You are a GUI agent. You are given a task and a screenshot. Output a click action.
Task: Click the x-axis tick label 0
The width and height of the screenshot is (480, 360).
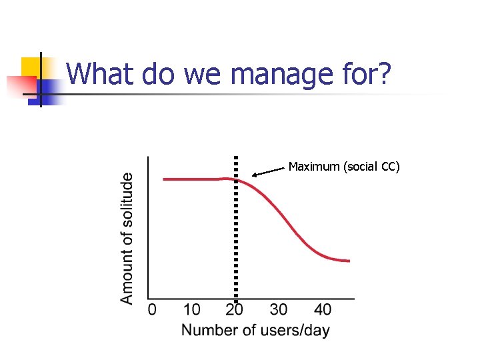[x=152, y=309]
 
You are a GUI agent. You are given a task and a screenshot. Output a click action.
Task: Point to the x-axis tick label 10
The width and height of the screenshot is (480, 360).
[x=191, y=309]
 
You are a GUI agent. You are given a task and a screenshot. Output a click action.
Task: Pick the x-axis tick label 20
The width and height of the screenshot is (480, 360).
[x=234, y=309]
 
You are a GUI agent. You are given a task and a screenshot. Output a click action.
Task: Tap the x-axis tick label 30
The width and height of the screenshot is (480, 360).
[x=279, y=309]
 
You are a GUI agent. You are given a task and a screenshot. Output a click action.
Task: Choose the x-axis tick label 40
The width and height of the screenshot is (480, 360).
[x=323, y=309]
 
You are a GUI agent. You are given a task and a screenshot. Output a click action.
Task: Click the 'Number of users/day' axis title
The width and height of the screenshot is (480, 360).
[x=255, y=330]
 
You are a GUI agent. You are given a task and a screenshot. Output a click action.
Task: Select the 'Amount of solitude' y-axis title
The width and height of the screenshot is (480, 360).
[x=127, y=238]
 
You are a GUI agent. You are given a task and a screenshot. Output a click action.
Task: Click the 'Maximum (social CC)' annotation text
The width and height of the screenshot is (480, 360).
[x=344, y=167]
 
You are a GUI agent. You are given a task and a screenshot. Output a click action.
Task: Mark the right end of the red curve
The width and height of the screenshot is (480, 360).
[x=349, y=260]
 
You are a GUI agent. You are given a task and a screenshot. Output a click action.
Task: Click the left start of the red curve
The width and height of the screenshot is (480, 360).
[x=164, y=179]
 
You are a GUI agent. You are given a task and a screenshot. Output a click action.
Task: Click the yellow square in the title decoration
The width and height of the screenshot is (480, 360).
[x=32, y=68]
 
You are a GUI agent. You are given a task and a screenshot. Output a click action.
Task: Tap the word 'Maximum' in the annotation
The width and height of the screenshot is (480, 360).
[x=314, y=167]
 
